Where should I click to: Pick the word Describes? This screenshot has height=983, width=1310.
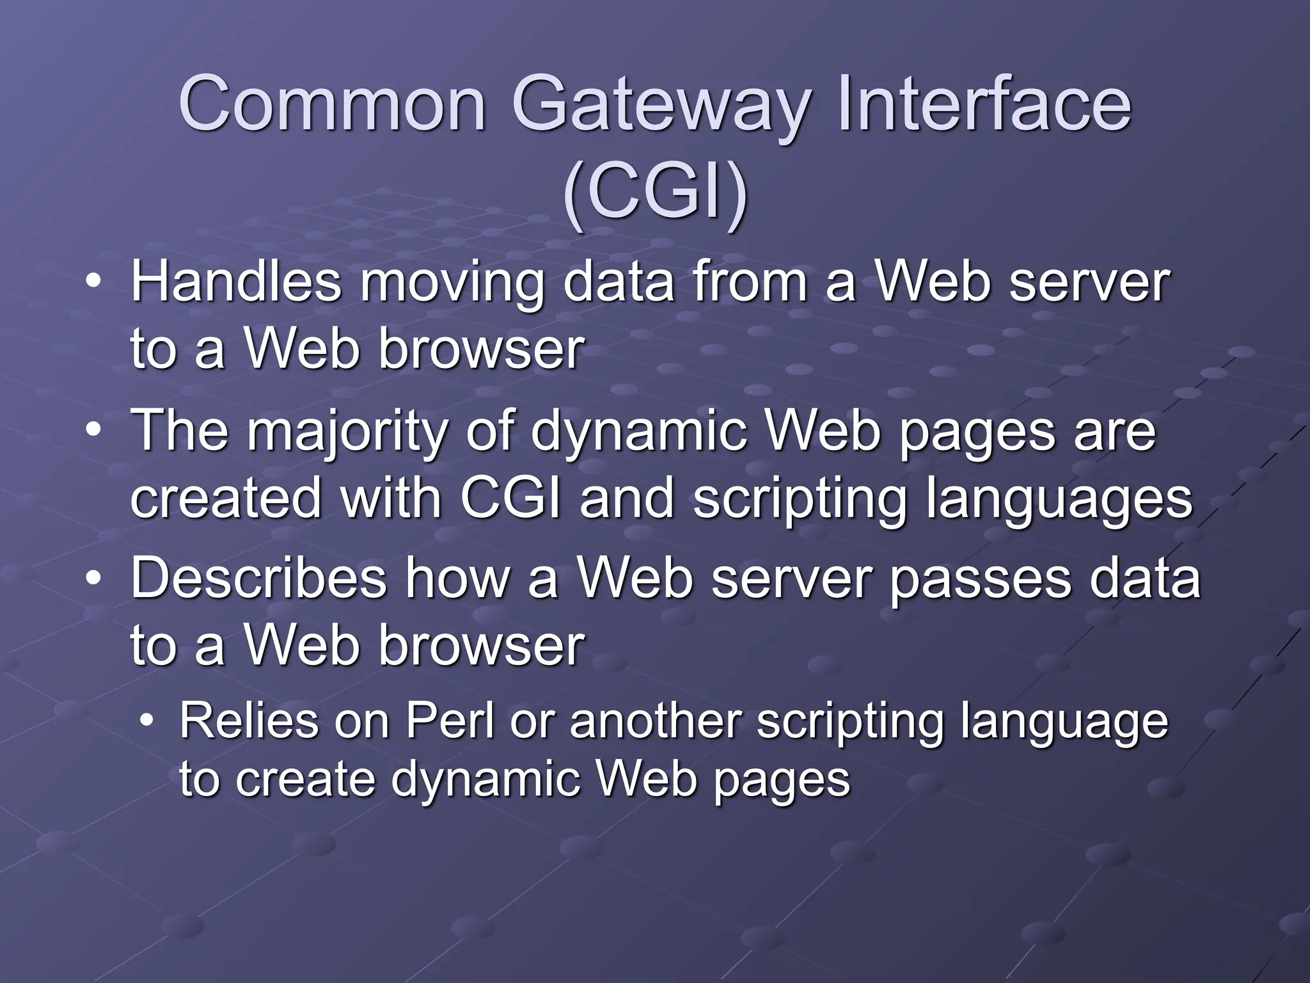click(x=258, y=579)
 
